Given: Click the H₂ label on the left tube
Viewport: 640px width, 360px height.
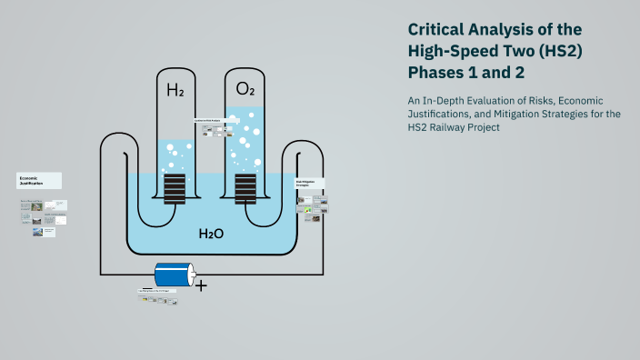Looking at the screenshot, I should tap(175, 90).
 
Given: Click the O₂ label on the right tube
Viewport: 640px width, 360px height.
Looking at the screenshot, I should tap(245, 88).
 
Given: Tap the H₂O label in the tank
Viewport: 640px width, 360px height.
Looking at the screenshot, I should tap(211, 234).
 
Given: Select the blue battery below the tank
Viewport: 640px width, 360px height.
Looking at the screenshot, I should tap(175, 274).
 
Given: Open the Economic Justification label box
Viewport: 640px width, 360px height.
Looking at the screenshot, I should tap(39, 181).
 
